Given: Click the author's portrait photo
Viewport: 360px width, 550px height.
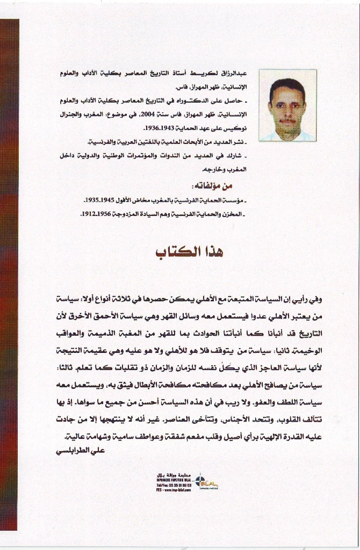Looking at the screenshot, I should click(287, 105).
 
